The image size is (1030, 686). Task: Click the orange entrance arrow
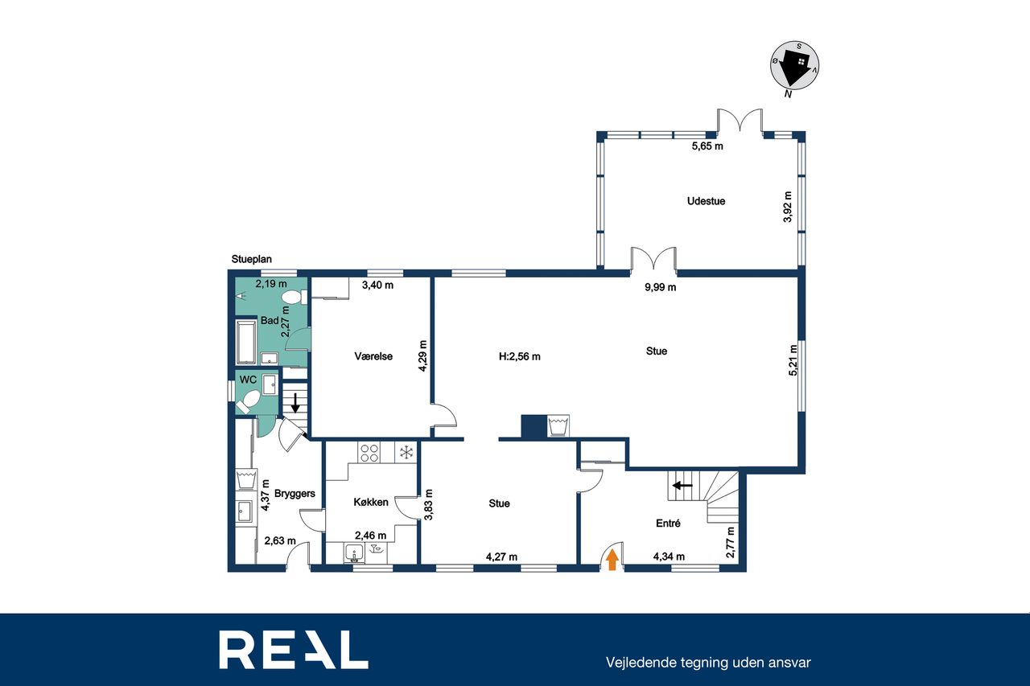tap(612, 560)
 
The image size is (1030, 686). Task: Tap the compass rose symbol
tap(794, 65)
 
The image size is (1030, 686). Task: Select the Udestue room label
tap(706, 201)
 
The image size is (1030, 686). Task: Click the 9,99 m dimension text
tap(661, 287)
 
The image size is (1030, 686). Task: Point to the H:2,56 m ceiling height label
tap(520, 356)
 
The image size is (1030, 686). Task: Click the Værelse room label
tap(373, 356)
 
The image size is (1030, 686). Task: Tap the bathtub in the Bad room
tap(245, 342)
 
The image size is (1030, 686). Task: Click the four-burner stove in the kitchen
tap(369, 452)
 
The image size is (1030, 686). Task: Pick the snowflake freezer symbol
tap(406, 452)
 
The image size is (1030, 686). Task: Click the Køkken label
tap(371, 502)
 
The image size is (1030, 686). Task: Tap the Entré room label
tap(668, 523)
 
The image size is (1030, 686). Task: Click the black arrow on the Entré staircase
tap(682, 485)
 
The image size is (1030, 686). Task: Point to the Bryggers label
tap(295, 494)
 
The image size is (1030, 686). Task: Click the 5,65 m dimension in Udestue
tap(707, 146)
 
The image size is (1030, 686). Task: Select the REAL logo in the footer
tap(294, 649)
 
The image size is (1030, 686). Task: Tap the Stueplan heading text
tap(252, 259)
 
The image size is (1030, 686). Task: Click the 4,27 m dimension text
tap(501, 557)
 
